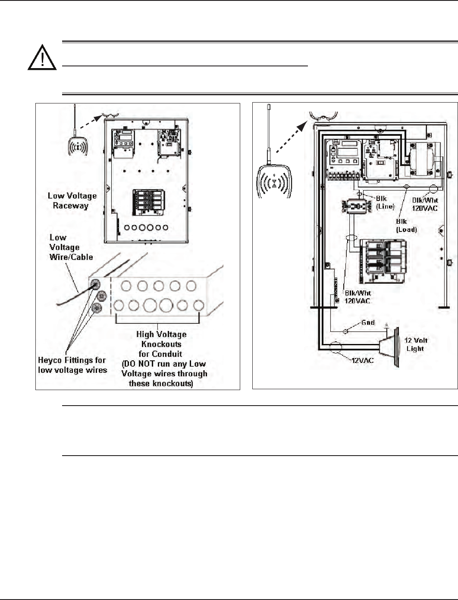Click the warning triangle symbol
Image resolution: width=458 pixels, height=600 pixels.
[42, 57]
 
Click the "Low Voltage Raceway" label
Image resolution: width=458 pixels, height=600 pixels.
[72, 201]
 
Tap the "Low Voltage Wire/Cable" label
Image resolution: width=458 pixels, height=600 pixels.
[71, 247]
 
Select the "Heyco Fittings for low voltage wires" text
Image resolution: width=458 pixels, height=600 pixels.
[72, 365]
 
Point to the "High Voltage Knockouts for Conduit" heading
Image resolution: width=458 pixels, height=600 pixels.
[161, 344]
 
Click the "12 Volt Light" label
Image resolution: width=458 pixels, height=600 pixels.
[416, 344]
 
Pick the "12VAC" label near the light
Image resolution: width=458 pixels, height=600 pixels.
[361, 360]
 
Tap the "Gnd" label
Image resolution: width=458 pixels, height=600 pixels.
[367, 322]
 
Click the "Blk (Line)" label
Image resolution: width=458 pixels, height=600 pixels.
[385, 202]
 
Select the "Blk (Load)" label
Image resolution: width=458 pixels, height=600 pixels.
[406, 225]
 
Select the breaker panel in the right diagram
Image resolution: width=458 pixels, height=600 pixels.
[385, 261]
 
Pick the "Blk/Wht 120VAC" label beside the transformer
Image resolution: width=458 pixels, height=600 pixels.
[425, 204]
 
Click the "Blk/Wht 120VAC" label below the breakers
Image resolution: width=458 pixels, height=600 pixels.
[358, 297]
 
